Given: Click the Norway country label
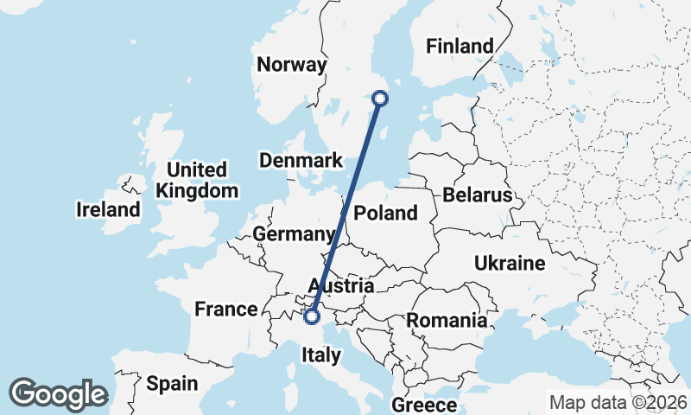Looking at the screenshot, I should (292, 65).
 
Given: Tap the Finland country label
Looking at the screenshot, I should (460, 47).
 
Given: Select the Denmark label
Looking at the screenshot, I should (301, 161).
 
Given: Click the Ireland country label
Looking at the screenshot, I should (108, 209).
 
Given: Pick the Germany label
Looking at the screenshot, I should (294, 234).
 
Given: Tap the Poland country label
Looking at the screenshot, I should (385, 213).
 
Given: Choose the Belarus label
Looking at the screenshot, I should (478, 195).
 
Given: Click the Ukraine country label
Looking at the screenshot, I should (510, 264).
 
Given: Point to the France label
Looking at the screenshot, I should (226, 310).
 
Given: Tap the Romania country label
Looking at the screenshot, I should (447, 321).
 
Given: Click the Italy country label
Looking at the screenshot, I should (321, 354).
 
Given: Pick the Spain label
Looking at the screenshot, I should (172, 383).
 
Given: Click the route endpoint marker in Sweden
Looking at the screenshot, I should (378, 99).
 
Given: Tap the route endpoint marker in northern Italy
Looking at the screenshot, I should (314, 316).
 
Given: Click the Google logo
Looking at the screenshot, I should (58, 393).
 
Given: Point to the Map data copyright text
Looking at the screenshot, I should (618, 402).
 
